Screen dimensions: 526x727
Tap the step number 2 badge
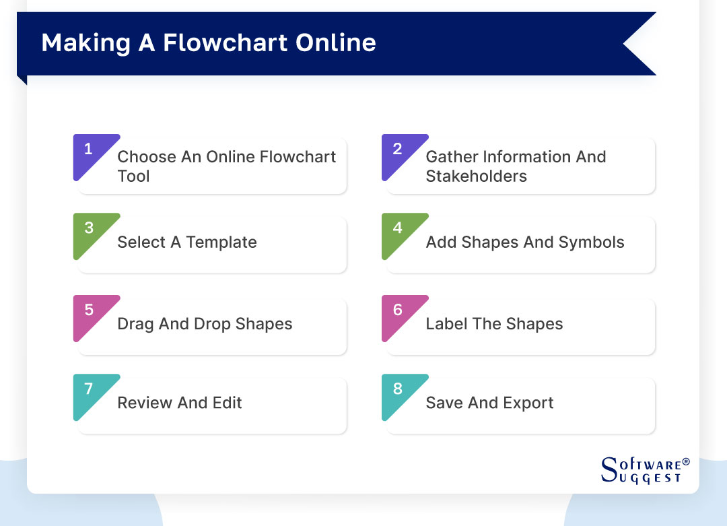point(397,150)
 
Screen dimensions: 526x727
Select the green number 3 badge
point(89,229)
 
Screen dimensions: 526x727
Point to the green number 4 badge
point(397,229)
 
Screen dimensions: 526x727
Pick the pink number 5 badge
point(89,310)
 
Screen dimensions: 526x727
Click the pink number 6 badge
point(397,310)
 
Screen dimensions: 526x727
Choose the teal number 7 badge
point(89,389)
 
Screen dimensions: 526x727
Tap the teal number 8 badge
point(397,389)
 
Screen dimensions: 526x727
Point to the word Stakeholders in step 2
point(476,176)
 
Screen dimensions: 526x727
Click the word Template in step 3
point(221,242)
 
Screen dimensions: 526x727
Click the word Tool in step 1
point(133,176)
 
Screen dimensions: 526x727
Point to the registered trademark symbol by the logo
point(686,462)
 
